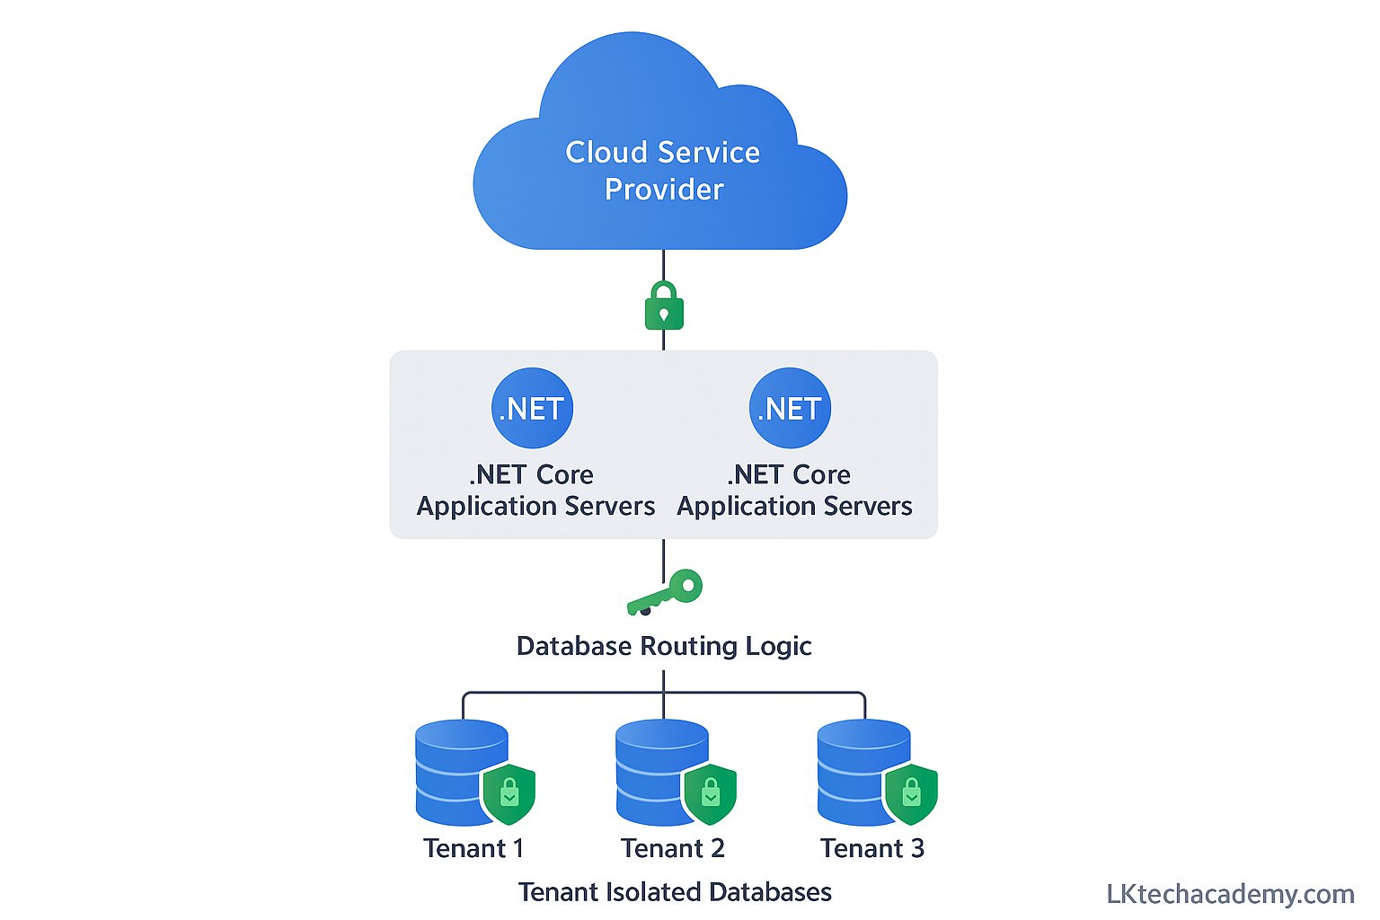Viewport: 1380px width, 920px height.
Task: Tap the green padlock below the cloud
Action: pyautogui.click(x=664, y=307)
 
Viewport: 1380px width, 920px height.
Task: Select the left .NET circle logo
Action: pyautogui.click(x=533, y=408)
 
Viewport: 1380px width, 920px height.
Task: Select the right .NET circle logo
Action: pyautogui.click(x=790, y=408)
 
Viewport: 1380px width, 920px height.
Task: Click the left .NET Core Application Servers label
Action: pyautogui.click(x=535, y=491)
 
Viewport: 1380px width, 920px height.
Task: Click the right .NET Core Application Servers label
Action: pyautogui.click(x=794, y=491)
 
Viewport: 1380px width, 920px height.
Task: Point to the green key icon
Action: pyautogui.click(x=666, y=593)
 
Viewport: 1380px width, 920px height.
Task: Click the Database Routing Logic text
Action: pyautogui.click(x=664, y=646)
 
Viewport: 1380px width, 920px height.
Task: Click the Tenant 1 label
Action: pyautogui.click(x=473, y=848)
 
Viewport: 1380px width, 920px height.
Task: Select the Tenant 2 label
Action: pyautogui.click(x=673, y=848)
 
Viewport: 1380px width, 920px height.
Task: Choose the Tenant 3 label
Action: pyautogui.click(x=872, y=848)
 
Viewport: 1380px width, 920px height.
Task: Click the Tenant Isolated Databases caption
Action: pyautogui.click(x=675, y=892)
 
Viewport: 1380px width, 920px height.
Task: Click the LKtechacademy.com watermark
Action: pyautogui.click(x=1230, y=894)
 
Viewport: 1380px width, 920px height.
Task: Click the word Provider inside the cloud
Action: pyautogui.click(x=664, y=190)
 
